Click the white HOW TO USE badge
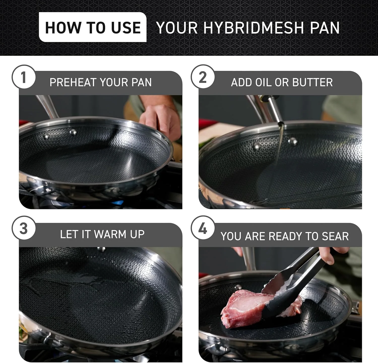[x=93, y=27]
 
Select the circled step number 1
[x=24, y=77]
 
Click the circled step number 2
[x=203, y=77]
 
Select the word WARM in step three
[x=110, y=234]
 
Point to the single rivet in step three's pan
[x=101, y=249]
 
